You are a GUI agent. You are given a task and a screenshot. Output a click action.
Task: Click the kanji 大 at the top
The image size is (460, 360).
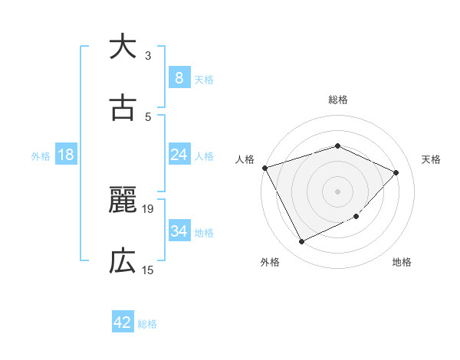[123, 47]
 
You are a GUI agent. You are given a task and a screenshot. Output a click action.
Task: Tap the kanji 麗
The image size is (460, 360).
[123, 201]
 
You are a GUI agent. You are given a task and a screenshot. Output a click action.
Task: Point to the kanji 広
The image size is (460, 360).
[123, 262]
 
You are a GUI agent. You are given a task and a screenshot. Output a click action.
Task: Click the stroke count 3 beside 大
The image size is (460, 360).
[148, 56]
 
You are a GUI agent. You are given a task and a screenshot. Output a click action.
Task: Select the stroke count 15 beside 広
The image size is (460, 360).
[148, 270]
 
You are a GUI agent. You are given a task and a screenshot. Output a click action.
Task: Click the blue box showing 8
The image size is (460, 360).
[179, 78]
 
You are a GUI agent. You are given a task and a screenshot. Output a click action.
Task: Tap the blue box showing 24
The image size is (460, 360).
[179, 155]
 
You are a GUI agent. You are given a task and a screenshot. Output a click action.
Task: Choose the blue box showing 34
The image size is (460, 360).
[179, 231]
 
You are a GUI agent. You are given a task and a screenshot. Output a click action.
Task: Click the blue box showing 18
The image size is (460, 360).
[66, 155]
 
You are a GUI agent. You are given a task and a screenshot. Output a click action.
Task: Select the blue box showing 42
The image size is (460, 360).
[123, 323]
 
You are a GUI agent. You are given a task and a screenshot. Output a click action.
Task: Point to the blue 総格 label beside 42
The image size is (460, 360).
[148, 325]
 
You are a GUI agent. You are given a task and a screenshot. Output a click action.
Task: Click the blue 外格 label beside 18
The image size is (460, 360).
[41, 156]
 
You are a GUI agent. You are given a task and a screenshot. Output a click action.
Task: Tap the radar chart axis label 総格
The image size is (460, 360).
[338, 100]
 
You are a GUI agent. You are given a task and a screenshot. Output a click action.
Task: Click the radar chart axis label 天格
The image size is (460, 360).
[431, 159]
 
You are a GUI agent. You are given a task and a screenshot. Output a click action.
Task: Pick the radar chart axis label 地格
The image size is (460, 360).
[402, 263]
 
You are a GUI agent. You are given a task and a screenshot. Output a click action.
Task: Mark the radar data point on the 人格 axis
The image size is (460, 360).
[264, 168]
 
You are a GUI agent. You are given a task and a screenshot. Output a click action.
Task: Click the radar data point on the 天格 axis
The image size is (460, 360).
[396, 172]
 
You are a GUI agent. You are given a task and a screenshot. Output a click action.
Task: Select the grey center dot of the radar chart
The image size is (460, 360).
[338, 191]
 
